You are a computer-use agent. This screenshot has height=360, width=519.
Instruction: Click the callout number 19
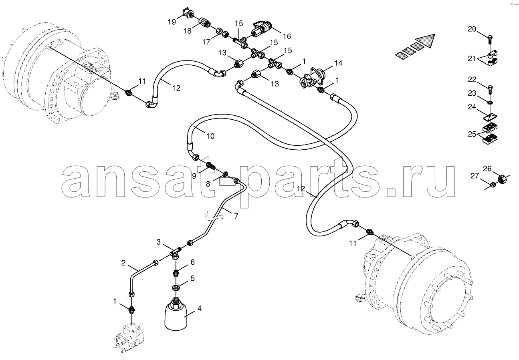tap(172, 22)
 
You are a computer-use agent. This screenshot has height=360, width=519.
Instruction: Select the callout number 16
tap(287, 36)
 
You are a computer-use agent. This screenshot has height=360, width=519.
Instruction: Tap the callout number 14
tap(338, 63)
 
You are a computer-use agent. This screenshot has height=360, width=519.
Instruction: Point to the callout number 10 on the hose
tap(210, 136)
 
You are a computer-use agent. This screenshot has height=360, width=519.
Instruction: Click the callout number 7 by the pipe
tap(236, 216)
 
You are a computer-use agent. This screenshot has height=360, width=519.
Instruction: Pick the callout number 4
tap(199, 308)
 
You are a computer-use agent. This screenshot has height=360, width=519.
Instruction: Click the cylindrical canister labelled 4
tap(176, 314)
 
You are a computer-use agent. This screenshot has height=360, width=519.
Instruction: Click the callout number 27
tap(475, 176)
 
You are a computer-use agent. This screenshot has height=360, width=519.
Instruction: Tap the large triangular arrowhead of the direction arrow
tap(425, 41)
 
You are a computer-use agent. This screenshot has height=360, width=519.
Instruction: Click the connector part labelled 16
tap(262, 29)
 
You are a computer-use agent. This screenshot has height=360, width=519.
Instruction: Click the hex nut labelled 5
tap(176, 288)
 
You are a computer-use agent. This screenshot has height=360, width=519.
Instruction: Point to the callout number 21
tap(472, 58)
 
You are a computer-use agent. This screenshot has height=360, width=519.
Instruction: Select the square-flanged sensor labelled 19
tap(188, 14)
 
